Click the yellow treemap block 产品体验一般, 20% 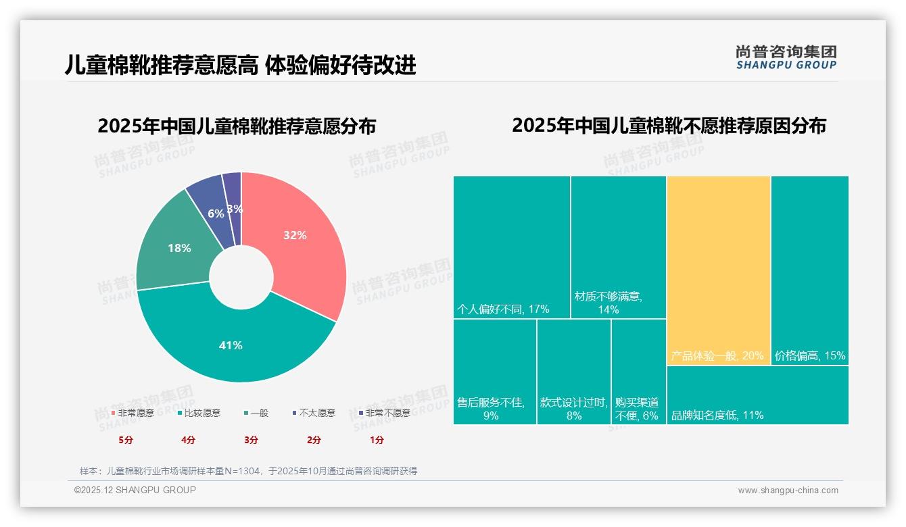tap(719, 270)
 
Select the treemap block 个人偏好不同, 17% tap(512, 247)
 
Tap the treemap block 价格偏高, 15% tap(809, 270)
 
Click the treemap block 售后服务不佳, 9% tap(495, 372)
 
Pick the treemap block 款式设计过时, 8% tap(574, 372)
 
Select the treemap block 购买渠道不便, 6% tap(639, 372)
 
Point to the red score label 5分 tap(126, 440)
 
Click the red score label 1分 tap(377, 440)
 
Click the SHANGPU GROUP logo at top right tap(786, 57)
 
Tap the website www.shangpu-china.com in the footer tap(788, 491)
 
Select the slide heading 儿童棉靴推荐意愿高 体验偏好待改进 tap(240, 65)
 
